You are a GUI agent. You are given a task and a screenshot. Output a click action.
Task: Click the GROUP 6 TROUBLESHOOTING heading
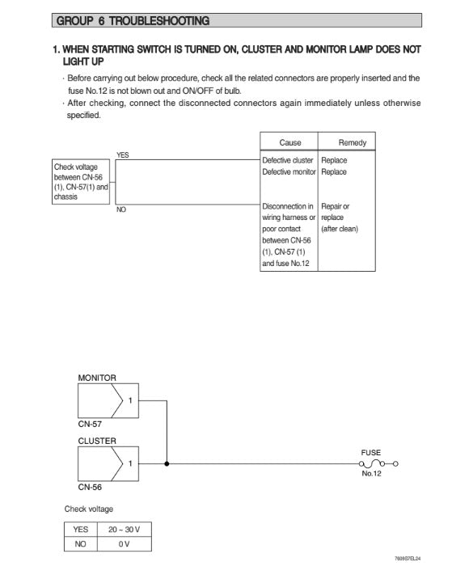(x=133, y=20)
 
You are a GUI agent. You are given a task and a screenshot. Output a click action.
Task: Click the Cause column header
(x=290, y=142)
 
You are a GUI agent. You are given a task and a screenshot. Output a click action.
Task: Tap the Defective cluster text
(x=288, y=160)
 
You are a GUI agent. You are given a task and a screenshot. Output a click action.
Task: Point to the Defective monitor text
(x=289, y=171)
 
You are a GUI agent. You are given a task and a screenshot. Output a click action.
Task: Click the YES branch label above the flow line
(x=123, y=154)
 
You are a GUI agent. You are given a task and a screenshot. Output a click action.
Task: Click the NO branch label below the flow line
(x=121, y=209)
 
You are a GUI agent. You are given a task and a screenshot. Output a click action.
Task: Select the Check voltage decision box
(x=81, y=181)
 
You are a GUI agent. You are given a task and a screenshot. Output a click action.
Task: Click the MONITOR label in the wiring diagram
(x=97, y=378)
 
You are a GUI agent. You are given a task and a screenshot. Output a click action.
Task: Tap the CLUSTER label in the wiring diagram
(x=97, y=441)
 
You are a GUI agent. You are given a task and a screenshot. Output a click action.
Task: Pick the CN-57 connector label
(x=90, y=423)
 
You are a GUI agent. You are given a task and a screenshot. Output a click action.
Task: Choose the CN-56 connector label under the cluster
(x=90, y=487)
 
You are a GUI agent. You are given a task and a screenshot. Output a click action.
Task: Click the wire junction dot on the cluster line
(x=167, y=464)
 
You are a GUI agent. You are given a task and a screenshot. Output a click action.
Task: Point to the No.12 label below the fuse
(x=372, y=474)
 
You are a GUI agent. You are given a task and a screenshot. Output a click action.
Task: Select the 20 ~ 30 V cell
(x=124, y=530)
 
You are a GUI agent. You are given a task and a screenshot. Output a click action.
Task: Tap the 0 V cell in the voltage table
(x=124, y=544)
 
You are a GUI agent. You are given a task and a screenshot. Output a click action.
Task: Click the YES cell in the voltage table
(x=80, y=530)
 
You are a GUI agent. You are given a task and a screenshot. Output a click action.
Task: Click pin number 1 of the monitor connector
(x=130, y=399)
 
